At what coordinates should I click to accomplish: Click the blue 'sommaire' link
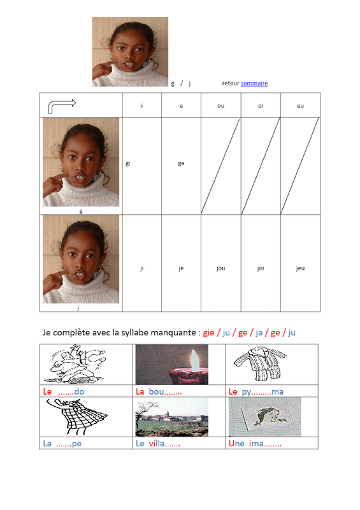click(x=254, y=84)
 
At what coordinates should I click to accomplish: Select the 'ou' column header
click(x=221, y=106)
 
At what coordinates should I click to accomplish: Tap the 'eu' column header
click(x=300, y=106)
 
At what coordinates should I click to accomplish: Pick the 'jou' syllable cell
click(x=221, y=268)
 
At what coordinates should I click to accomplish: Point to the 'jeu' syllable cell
click(x=300, y=268)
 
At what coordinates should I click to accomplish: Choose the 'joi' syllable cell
click(x=261, y=268)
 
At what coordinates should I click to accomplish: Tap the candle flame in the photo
click(x=195, y=360)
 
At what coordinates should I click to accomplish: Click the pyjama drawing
click(x=259, y=363)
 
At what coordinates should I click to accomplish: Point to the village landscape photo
click(x=171, y=418)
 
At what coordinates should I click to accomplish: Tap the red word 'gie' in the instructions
click(x=209, y=333)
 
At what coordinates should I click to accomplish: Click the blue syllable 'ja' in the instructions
click(x=259, y=333)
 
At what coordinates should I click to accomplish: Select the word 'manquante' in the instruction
click(x=175, y=333)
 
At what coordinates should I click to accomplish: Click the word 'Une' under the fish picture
click(x=236, y=443)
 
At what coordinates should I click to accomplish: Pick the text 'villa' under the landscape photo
click(x=157, y=443)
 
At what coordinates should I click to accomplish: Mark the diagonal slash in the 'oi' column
click(x=261, y=166)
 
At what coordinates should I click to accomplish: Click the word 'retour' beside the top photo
click(x=231, y=84)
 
